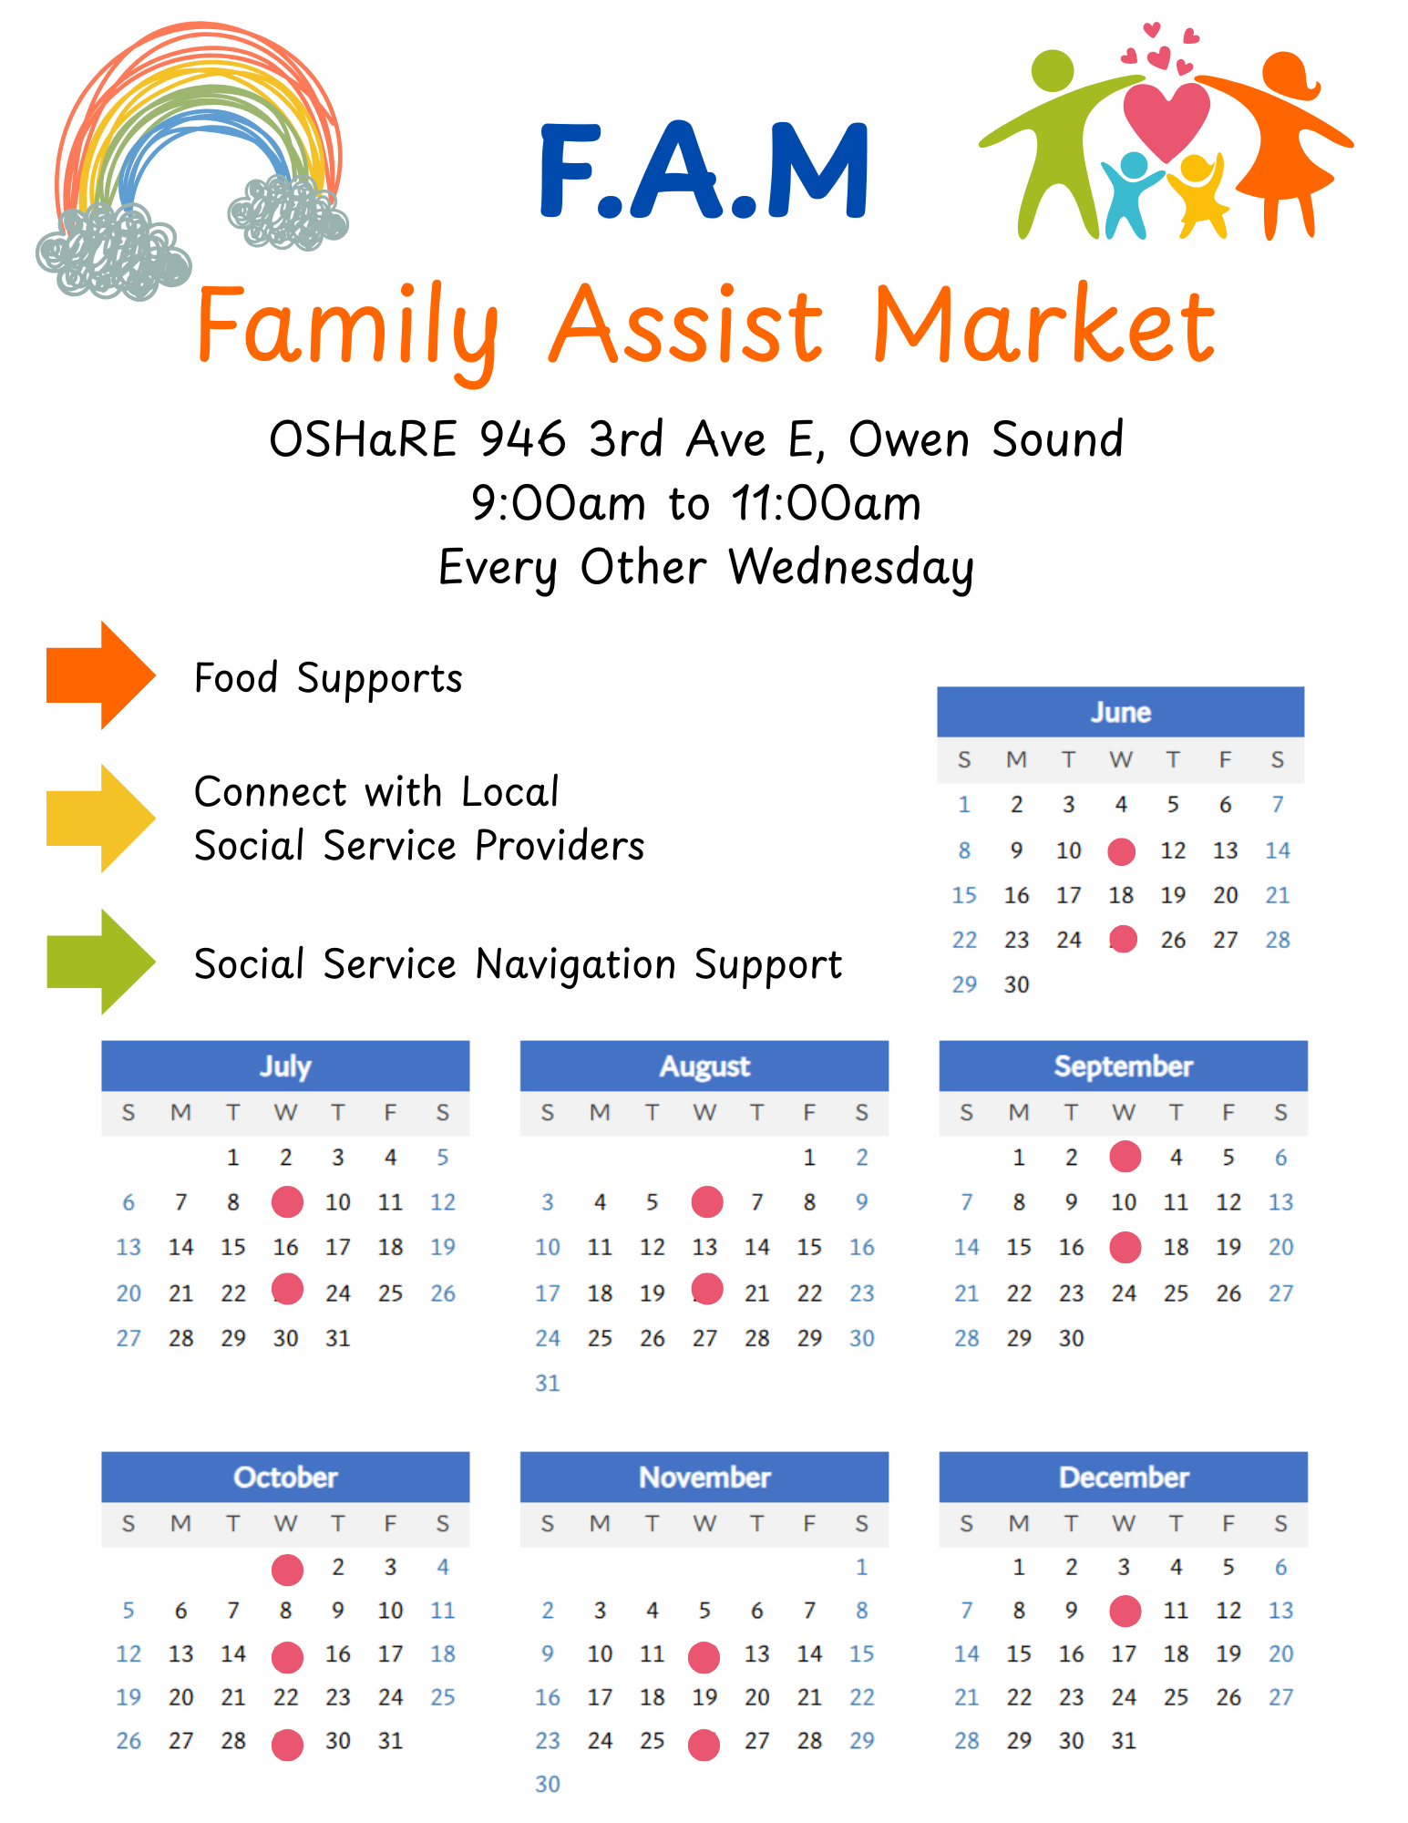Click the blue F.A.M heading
704,170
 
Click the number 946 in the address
522,439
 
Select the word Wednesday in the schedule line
851,567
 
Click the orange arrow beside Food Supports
100,675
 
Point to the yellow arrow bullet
100,819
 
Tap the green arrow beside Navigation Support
100,962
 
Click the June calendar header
1121,712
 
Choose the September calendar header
1124,1066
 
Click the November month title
704,1477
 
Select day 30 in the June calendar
1017,984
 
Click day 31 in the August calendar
547,1383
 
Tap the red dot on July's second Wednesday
287,1202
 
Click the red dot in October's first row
287,1570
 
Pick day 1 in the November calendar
862,1567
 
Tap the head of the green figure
1053,70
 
